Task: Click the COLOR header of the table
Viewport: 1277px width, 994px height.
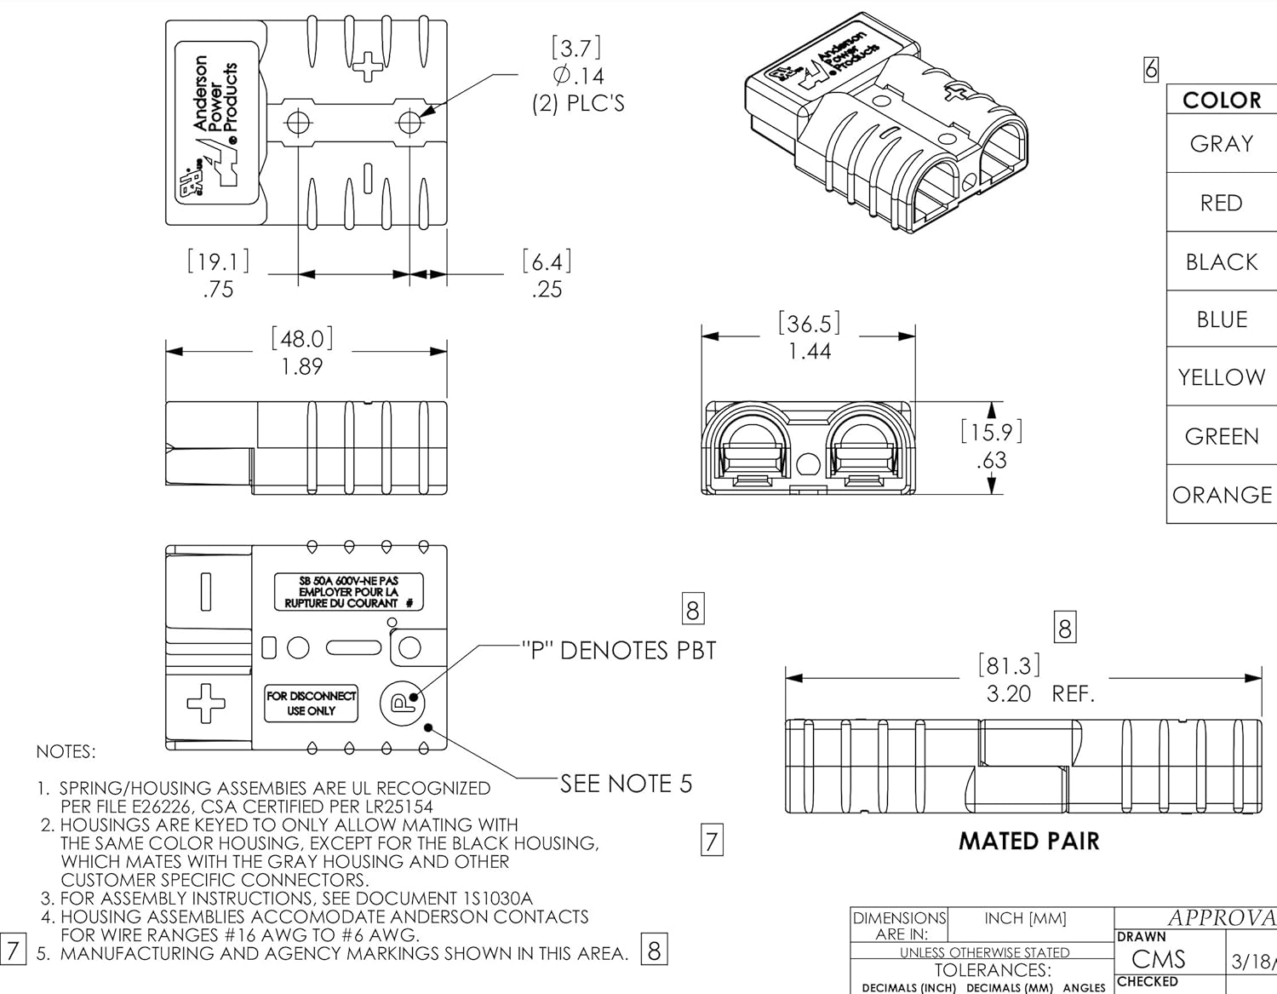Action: [x=1221, y=101]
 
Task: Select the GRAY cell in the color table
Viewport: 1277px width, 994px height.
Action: [x=1221, y=144]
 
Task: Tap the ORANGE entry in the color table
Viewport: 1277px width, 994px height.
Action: [x=1222, y=495]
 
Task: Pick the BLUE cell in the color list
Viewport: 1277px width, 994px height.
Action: [x=1221, y=319]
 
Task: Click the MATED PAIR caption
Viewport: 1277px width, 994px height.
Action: [x=1028, y=842]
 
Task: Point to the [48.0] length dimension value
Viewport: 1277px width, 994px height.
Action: [x=301, y=339]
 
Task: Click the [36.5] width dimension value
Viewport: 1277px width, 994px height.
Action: [x=809, y=324]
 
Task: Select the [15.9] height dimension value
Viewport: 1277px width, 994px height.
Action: [x=991, y=432]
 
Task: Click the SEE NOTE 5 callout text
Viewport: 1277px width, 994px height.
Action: [x=626, y=784]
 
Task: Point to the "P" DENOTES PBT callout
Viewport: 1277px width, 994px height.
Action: [x=618, y=651]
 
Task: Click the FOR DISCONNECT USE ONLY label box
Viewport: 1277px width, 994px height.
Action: [x=311, y=704]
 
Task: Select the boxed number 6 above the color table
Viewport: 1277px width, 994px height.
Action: [x=1151, y=69]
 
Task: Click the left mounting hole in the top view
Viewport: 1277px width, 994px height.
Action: [x=297, y=123]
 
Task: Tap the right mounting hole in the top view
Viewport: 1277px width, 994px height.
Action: [x=409, y=123]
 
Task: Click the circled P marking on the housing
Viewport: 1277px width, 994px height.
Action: [x=400, y=702]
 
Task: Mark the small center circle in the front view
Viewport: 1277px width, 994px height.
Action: [x=808, y=466]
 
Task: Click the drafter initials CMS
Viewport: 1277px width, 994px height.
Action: [x=1158, y=960]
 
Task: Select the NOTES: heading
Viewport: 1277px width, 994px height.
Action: [x=66, y=752]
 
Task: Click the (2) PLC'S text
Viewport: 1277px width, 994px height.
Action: [x=578, y=103]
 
